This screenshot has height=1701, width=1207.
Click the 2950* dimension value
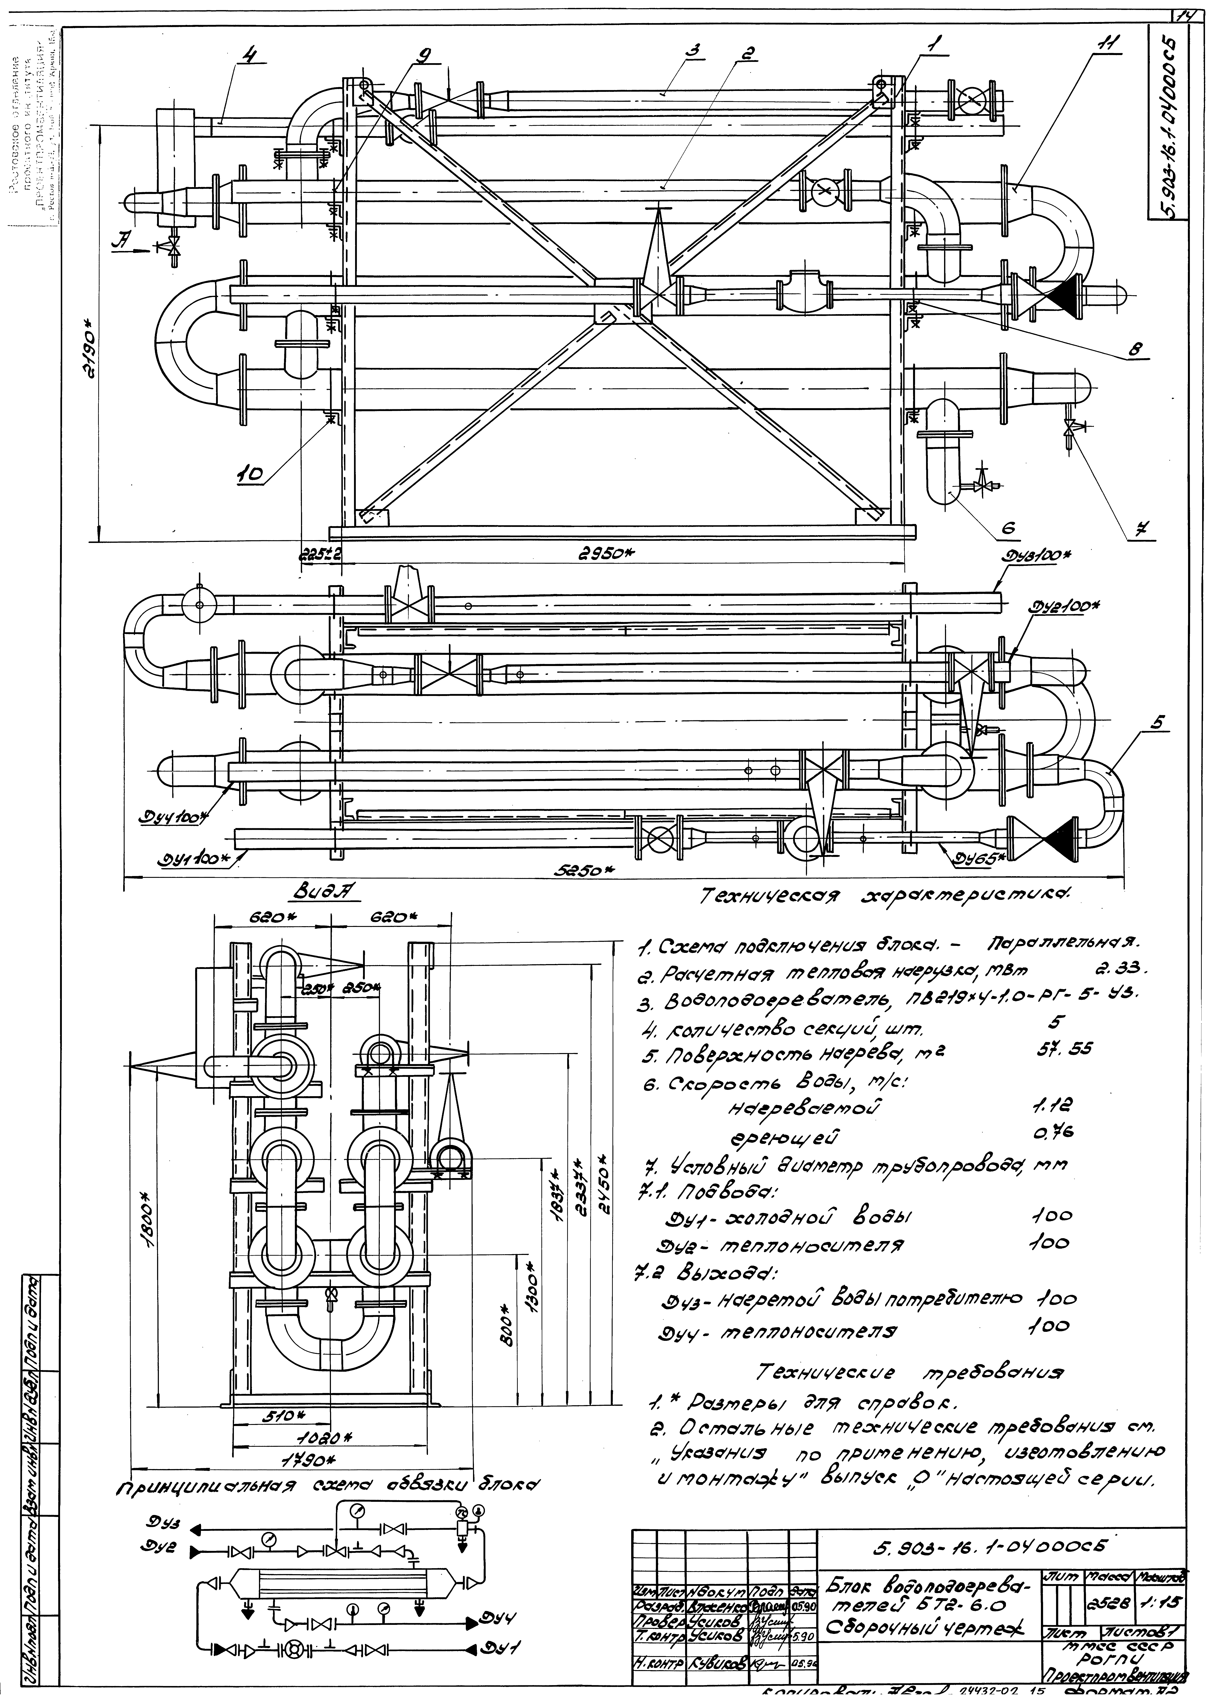coord(608,554)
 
